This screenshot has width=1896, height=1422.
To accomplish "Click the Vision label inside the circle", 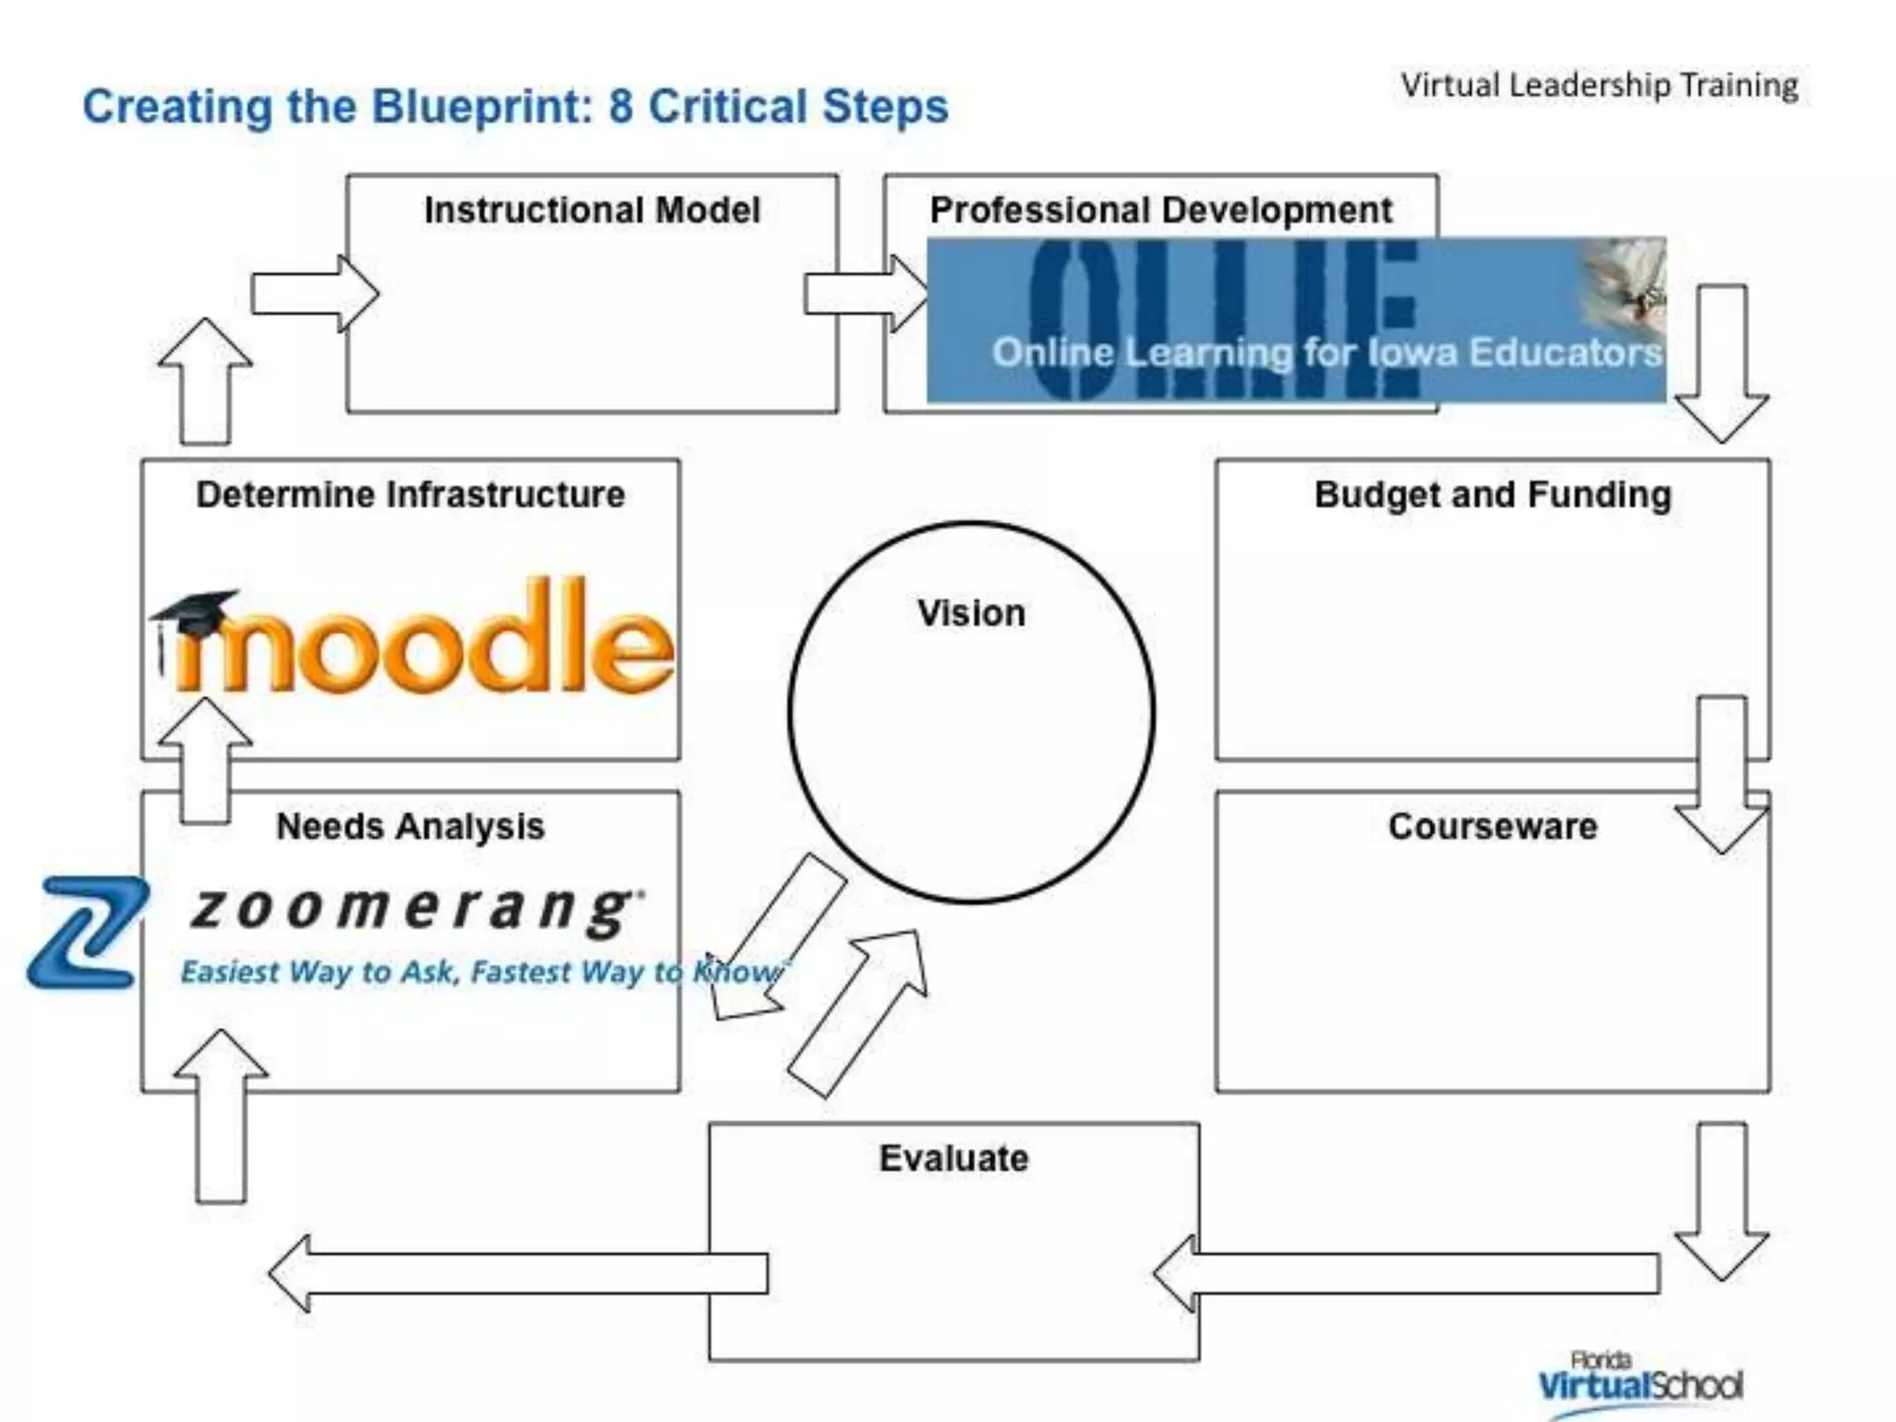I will tap(971, 614).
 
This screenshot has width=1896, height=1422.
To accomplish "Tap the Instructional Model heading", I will tap(592, 210).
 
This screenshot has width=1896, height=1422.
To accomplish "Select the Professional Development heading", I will tap(1161, 210).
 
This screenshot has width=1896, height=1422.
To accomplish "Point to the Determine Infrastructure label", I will tap(410, 494).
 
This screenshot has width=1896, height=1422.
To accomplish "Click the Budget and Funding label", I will tap(1492, 494).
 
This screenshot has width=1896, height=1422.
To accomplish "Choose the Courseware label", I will tap(1492, 826).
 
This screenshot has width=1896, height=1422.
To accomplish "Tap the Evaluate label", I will tap(954, 1158).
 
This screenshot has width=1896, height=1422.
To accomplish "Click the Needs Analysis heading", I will tap(410, 826).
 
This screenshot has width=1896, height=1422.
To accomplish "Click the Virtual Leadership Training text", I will tap(1599, 85).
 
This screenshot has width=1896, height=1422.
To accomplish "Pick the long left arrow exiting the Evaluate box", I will tap(518, 1273).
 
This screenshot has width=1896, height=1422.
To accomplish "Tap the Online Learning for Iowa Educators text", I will tap(1327, 353).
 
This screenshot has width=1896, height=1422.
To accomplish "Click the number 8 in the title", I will tap(620, 106).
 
